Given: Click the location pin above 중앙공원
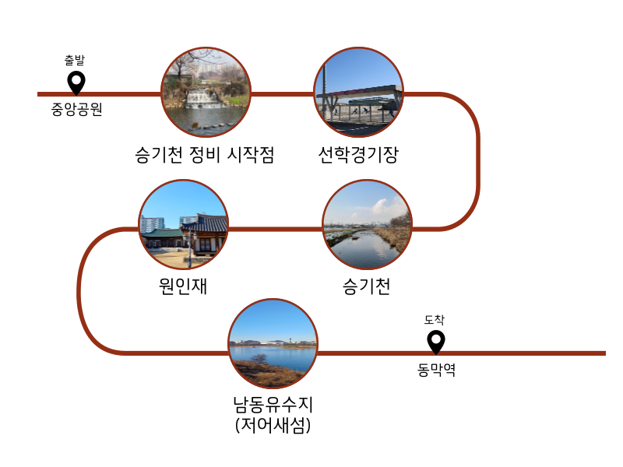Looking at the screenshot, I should point(76,81).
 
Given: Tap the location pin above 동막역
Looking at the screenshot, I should point(436,341).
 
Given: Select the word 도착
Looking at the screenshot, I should point(435,320).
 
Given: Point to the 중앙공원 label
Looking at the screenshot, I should point(76,110).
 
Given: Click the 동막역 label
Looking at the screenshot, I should point(436,370).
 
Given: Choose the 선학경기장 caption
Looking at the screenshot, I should point(358,155).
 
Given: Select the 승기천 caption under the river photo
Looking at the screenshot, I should point(367,286).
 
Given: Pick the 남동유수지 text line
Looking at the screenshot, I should point(273,406).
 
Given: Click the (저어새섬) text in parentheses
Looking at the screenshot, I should point(273,426).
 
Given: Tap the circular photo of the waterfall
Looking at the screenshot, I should point(206,93).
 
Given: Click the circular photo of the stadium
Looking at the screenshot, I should point(358,93).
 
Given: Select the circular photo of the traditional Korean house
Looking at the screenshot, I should point(184,226).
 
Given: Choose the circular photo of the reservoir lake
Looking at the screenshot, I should point(273,343).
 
